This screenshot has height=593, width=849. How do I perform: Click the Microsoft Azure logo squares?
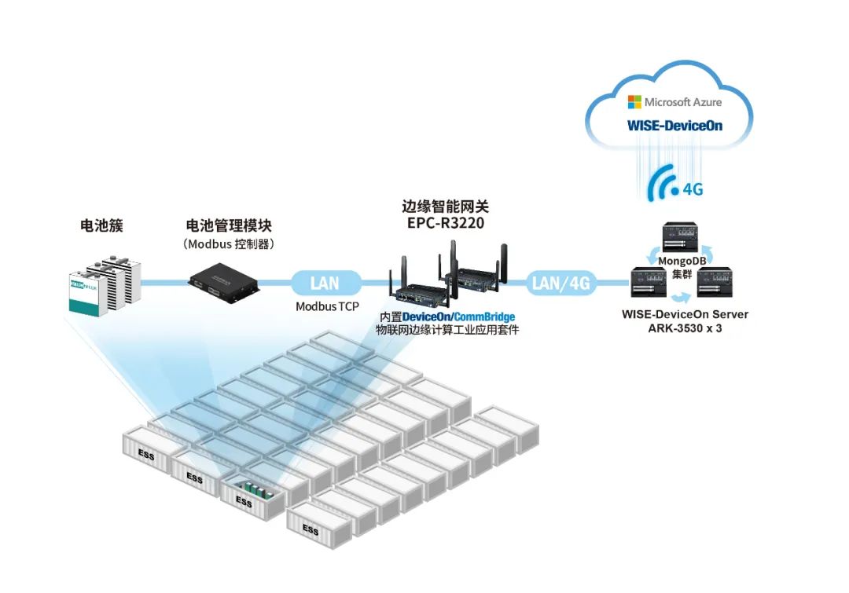pos(634,102)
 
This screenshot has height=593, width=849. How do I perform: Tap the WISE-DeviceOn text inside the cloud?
pos(674,126)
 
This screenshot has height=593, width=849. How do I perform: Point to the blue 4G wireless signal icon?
pos(664,183)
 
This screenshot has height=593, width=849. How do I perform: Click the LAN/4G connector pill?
pos(561,283)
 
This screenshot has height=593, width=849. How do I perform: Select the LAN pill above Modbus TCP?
pos(325,283)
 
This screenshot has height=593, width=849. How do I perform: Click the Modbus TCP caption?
pos(327,306)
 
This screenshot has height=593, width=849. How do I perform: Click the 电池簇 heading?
pos(101,225)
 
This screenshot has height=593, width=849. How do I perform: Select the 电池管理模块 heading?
pos(229,225)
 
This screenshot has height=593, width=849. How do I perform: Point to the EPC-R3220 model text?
pos(446,223)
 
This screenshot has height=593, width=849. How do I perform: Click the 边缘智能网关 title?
pos(445,206)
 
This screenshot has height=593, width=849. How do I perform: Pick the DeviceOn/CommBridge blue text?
pos(458,317)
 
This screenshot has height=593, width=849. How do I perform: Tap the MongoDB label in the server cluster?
pos(682,261)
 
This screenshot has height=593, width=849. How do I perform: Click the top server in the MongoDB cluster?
pos(681,236)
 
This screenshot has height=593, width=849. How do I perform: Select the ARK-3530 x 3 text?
pos(685,328)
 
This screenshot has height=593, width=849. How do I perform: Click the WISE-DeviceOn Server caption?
pos(685,314)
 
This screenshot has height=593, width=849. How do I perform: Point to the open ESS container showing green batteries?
pos(252,496)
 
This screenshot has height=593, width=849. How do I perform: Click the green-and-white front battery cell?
pos(86,295)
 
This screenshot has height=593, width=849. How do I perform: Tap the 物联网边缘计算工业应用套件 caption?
pos(447,330)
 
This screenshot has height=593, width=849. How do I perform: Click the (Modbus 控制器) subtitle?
pos(229,244)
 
